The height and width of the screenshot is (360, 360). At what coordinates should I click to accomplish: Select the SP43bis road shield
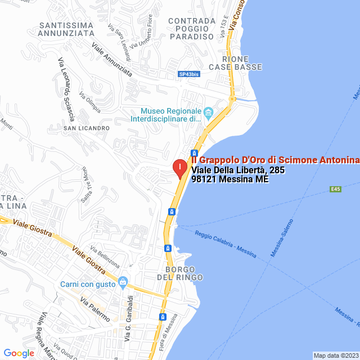click(x=188, y=74)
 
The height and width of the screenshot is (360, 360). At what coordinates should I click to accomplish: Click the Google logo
click(x=19, y=353)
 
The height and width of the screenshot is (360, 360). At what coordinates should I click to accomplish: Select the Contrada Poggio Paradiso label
click(x=192, y=29)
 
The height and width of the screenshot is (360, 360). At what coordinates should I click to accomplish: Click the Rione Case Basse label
click(x=235, y=63)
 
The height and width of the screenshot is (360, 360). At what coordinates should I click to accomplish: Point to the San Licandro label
click(x=86, y=128)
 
